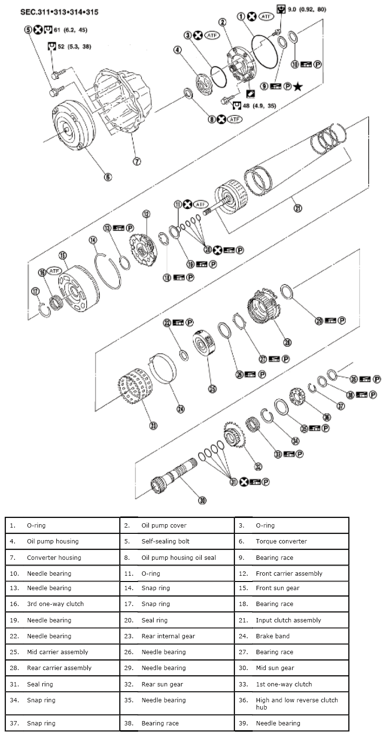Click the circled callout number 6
107,177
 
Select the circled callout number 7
137,161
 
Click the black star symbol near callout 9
298,87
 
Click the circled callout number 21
298,208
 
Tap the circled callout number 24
180,409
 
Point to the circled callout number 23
154,425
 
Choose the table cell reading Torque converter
292,541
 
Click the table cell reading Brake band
177,636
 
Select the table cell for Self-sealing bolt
177,541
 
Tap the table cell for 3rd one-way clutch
62,604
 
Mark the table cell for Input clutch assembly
292,620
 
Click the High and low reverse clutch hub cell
292,703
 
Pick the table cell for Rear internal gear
177,636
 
